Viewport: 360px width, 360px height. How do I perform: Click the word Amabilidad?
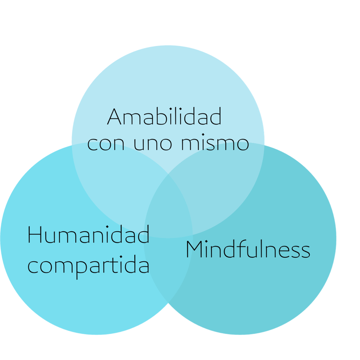click(x=164, y=117)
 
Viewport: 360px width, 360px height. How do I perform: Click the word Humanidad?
click(x=89, y=235)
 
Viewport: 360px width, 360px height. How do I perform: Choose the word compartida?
click(x=89, y=266)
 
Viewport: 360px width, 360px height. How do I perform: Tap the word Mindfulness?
click(x=248, y=250)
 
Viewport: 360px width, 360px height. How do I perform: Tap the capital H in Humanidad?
click(x=35, y=235)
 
